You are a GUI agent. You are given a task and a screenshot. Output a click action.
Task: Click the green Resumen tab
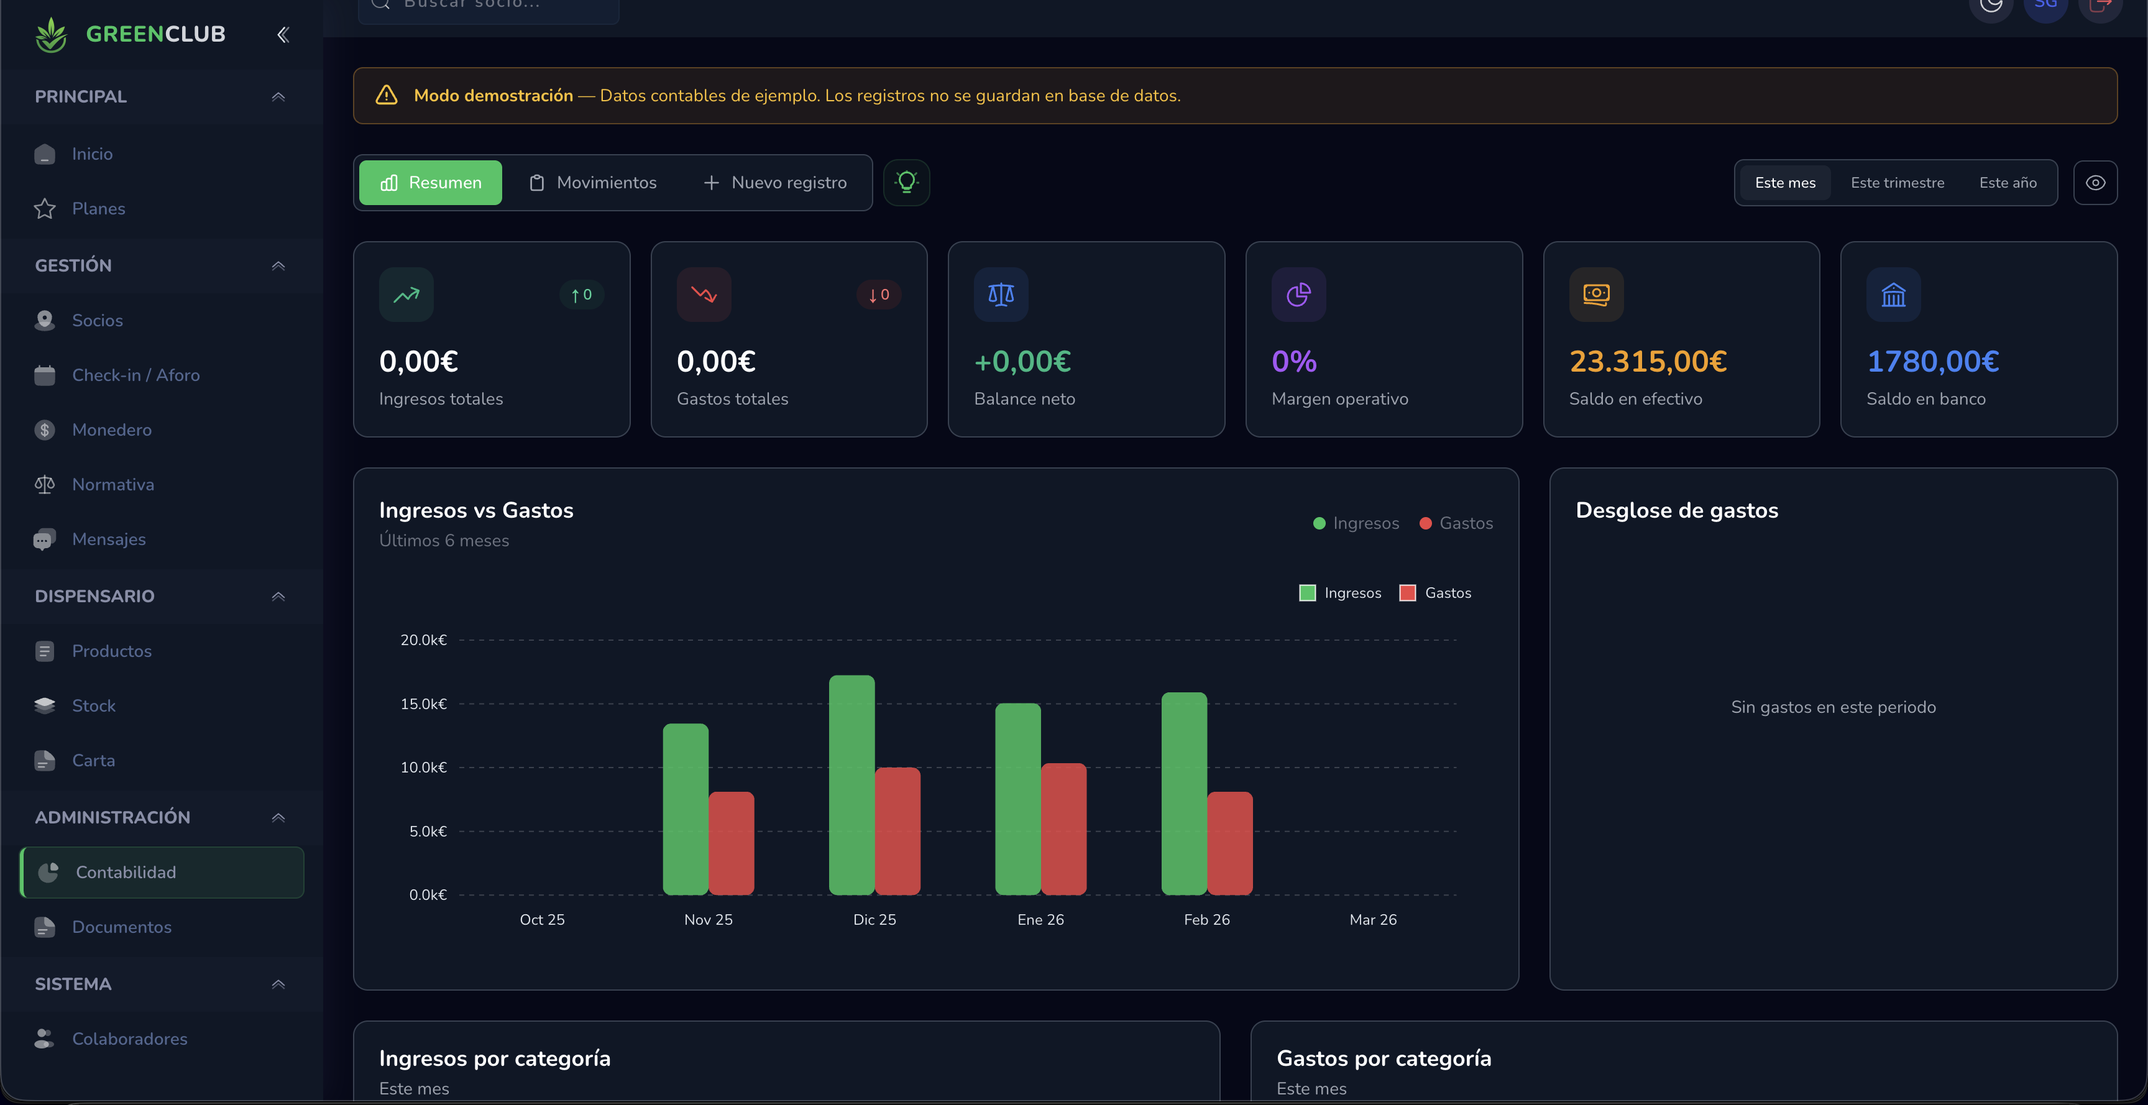pyautogui.click(x=430, y=183)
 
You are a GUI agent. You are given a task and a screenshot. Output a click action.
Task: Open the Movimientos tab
pyautogui.click(x=593, y=183)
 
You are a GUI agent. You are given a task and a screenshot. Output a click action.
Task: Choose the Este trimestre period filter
pyautogui.click(x=1897, y=183)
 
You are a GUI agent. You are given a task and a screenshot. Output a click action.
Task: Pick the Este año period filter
pyautogui.click(x=2007, y=183)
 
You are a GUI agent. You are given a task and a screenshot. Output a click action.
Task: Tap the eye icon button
pyautogui.click(x=2095, y=183)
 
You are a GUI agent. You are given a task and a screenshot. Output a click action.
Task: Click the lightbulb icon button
pyautogui.click(x=906, y=182)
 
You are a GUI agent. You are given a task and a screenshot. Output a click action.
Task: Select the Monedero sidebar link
pyautogui.click(x=112, y=429)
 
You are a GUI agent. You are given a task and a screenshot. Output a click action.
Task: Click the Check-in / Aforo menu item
pyautogui.click(x=135, y=375)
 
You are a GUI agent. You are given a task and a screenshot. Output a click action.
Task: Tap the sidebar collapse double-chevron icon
pyautogui.click(x=283, y=34)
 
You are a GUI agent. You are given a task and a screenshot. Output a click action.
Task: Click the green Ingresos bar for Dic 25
pyautogui.click(x=851, y=784)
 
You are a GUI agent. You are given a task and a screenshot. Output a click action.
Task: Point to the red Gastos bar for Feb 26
pyautogui.click(x=1230, y=842)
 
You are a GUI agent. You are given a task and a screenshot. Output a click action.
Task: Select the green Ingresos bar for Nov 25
pyautogui.click(x=686, y=809)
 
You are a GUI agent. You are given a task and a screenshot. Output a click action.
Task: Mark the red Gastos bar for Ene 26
pyautogui.click(x=1063, y=828)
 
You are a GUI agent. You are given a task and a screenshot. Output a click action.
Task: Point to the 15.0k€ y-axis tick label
pyautogui.click(x=424, y=704)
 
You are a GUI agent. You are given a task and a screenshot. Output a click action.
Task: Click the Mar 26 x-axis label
pyautogui.click(x=1372, y=919)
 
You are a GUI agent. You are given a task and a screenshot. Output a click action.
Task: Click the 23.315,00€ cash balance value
pyautogui.click(x=1648, y=361)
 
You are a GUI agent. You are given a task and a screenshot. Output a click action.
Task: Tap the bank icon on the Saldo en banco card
pyautogui.click(x=1893, y=295)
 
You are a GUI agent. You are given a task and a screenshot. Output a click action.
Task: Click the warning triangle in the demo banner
pyautogui.click(x=386, y=95)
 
